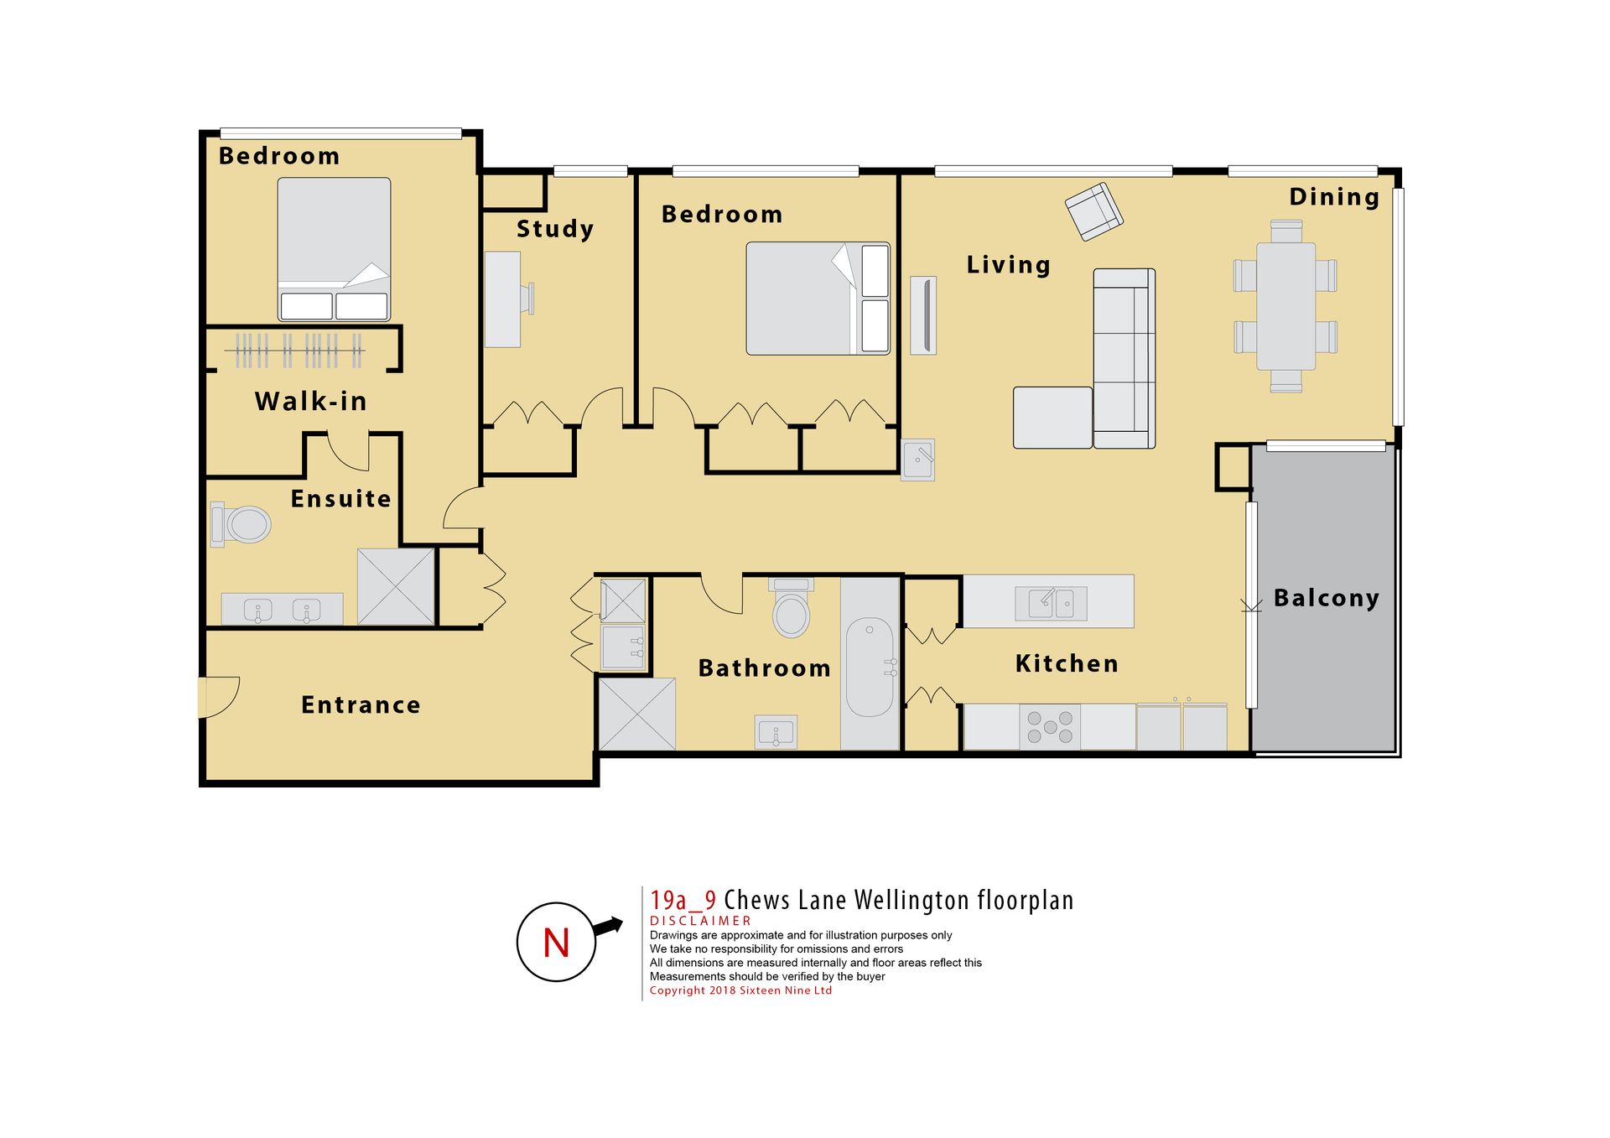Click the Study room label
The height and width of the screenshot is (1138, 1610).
click(555, 229)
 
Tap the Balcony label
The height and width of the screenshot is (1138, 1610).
click(1326, 598)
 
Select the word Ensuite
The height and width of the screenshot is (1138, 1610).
click(340, 499)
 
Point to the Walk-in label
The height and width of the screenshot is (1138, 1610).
click(311, 401)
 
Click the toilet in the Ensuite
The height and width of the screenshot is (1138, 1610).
click(241, 524)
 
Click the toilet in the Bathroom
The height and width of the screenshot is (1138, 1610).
click(792, 608)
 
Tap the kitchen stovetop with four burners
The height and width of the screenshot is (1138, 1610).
click(1050, 726)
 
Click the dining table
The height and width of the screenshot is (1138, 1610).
click(1285, 306)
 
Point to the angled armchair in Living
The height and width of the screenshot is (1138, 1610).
click(1093, 211)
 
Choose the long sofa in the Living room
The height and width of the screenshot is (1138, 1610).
click(1124, 359)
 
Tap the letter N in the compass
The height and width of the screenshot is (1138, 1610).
click(556, 943)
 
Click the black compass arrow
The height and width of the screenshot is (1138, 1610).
click(608, 927)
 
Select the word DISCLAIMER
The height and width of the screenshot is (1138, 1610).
click(700, 921)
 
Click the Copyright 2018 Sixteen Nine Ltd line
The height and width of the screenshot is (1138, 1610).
click(740, 990)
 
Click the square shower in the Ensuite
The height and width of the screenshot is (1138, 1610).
click(396, 586)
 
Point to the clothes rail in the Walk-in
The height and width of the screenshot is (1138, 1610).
click(294, 351)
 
